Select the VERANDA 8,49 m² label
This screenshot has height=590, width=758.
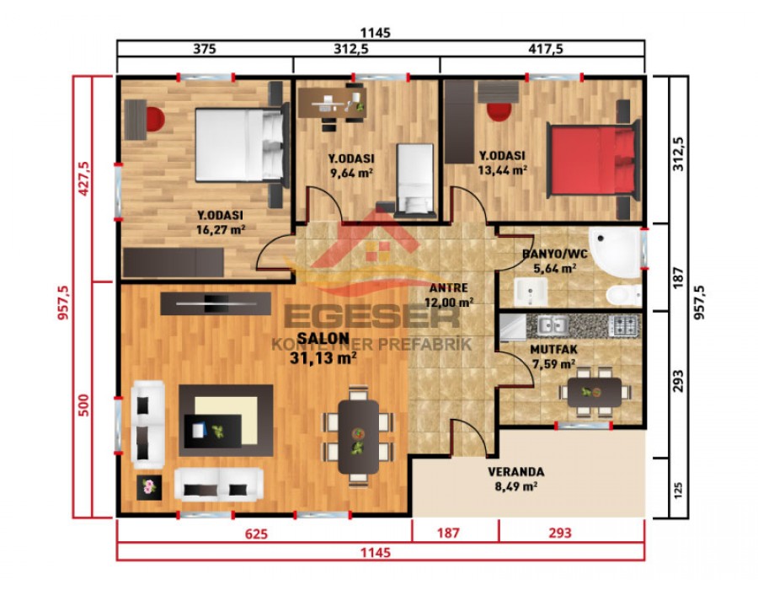tap(516, 479)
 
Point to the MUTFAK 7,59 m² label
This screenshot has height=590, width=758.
tap(552, 357)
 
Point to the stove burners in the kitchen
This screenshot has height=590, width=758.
tap(623, 324)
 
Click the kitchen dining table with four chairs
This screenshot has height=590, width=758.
tap(594, 392)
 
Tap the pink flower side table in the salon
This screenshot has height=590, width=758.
tap(150, 486)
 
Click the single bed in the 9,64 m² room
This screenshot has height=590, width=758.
tap(414, 177)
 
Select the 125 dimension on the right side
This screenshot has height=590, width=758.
tap(680, 486)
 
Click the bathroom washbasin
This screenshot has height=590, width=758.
tap(531, 293)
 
